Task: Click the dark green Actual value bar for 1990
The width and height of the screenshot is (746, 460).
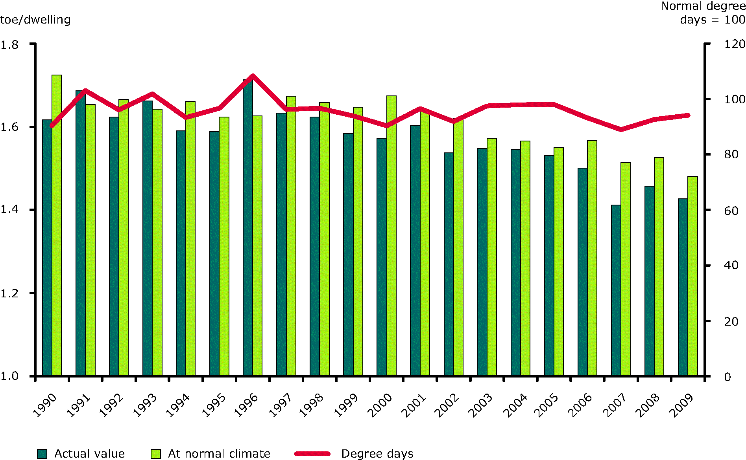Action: [47, 247]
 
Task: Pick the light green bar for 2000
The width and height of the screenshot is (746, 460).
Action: [391, 236]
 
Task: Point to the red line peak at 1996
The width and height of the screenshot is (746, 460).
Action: [253, 75]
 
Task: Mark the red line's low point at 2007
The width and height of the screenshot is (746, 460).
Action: [621, 129]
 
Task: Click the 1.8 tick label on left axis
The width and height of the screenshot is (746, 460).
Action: [10, 45]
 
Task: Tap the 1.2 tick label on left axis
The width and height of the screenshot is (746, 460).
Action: [10, 293]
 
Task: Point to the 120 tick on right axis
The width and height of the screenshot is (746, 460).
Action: [734, 44]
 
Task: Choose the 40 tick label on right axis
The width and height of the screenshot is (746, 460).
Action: [731, 266]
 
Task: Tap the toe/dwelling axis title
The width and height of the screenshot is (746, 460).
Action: [35, 20]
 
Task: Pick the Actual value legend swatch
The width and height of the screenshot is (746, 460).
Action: [42, 454]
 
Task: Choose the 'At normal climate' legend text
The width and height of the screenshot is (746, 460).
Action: [219, 454]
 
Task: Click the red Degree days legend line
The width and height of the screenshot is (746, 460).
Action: [312, 454]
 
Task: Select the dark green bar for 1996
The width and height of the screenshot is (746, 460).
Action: [247, 228]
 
